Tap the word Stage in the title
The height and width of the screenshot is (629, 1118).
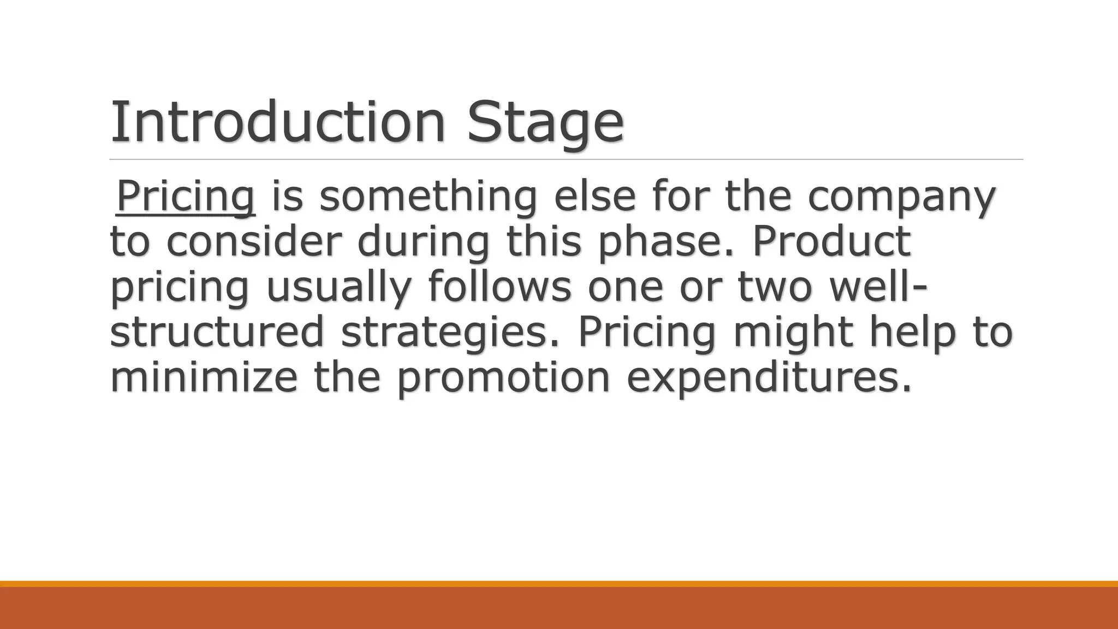click(545, 123)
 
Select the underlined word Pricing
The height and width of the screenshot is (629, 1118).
click(186, 196)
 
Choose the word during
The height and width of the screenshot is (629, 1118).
click(423, 242)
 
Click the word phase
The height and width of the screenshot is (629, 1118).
click(667, 242)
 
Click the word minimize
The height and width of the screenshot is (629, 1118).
click(204, 377)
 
